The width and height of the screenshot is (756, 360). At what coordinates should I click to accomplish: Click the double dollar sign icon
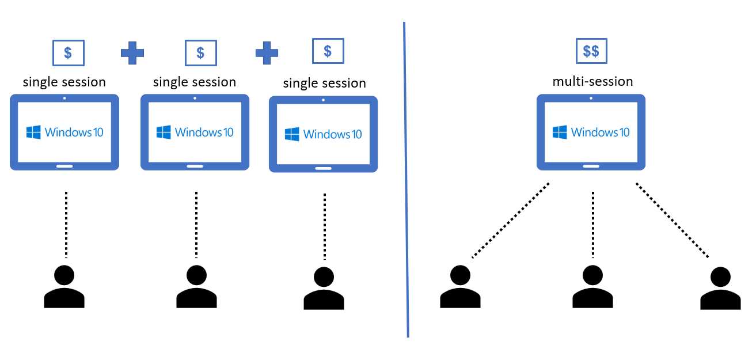[591, 51]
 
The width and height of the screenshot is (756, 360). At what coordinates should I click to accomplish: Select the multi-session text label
[592, 81]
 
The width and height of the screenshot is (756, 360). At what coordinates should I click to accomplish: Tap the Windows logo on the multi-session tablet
[559, 132]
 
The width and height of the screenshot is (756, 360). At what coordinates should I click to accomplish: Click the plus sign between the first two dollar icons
[132, 52]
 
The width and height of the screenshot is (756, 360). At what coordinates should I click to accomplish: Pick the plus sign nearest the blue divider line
[267, 52]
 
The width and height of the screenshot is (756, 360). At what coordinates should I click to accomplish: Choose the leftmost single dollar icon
[68, 53]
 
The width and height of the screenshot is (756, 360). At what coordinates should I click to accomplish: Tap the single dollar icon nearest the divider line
[328, 51]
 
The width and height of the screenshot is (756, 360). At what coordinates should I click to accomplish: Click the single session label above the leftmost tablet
[64, 82]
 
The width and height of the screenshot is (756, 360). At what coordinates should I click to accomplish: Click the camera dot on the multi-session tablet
[591, 98]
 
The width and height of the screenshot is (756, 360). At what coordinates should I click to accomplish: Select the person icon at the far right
[720, 289]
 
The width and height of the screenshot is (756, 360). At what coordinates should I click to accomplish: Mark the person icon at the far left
[64, 287]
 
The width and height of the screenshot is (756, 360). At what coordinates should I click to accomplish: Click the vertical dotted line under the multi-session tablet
[592, 225]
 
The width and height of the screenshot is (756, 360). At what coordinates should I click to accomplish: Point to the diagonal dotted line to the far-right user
[672, 220]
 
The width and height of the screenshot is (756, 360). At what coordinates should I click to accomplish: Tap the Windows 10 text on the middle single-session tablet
[204, 132]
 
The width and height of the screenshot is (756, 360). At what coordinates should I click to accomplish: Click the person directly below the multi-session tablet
[592, 287]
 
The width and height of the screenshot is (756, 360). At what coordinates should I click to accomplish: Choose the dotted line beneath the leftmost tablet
[66, 225]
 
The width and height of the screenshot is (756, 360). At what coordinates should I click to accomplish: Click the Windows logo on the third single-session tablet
[292, 134]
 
